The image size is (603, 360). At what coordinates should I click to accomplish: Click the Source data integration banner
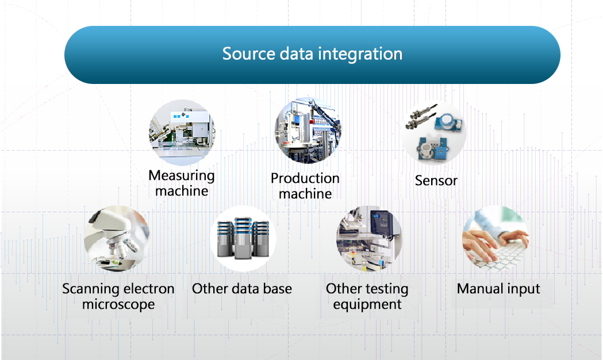coord(312,55)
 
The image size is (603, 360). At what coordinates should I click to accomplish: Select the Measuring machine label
coord(182,183)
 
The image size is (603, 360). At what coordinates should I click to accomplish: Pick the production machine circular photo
coord(308,131)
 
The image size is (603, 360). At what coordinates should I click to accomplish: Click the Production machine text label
coord(305,186)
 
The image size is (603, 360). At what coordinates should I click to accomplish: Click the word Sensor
coord(436,181)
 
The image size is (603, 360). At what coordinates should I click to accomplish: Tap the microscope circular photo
coord(117,239)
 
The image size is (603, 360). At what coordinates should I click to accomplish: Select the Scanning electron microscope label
coord(118,297)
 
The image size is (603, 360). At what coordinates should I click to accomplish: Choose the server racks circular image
coord(243,239)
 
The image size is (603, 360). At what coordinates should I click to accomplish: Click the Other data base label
coord(242,289)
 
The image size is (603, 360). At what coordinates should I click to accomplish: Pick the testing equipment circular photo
coord(369,239)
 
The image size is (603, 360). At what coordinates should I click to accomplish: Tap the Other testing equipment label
coord(367,297)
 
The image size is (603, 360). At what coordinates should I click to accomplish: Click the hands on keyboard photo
coord(496,239)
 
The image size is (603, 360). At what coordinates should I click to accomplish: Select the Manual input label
coord(498,289)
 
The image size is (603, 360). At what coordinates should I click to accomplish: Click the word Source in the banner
coord(249,53)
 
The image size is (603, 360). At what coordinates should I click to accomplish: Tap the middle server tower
coord(243,238)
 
